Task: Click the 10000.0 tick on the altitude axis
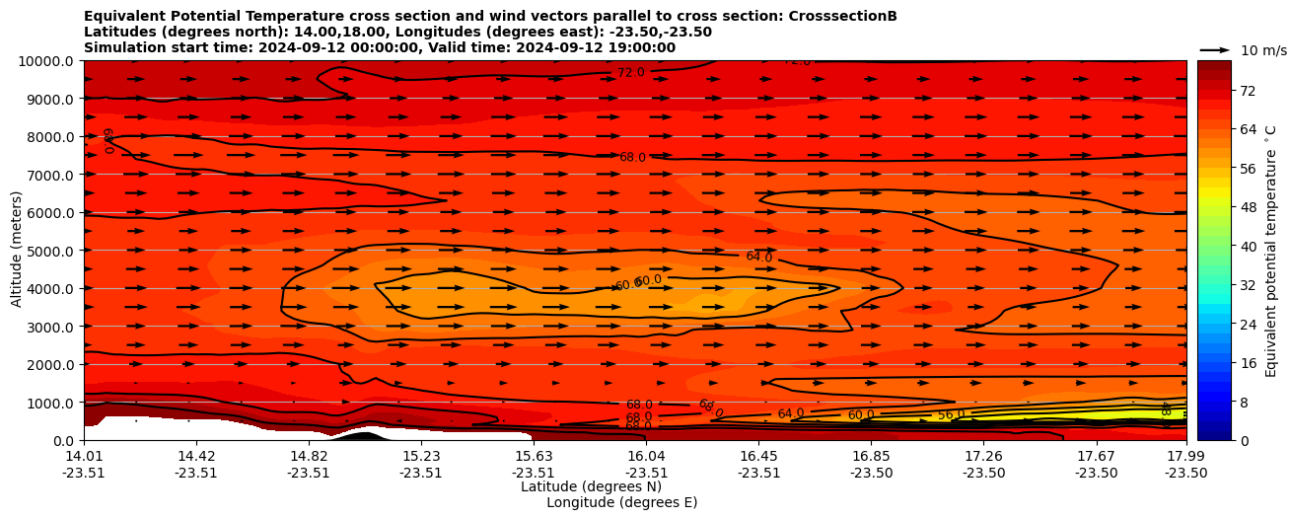pyautogui.click(x=46, y=61)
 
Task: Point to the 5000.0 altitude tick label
pyautogui.click(x=49, y=251)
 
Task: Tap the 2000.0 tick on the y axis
pyautogui.click(x=49, y=365)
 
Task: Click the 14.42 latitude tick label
pyautogui.click(x=196, y=456)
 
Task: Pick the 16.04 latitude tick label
pyautogui.click(x=646, y=456)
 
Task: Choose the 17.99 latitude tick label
pyautogui.click(x=1185, y=456)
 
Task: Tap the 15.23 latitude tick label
pyautogui.click(x=421, y=456)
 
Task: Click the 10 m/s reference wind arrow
pyautogui.click(x=1215, y=49)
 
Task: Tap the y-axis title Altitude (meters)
pyautogui.click(x=17, y=249)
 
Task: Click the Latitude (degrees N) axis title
pyautogui.click(x=591, y=486)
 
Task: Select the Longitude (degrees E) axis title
pyautogui.click(x=621, y=502)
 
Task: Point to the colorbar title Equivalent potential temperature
pyautogui.click(x=1271, y=250)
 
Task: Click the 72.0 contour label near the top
pyautogui.click(x=631, y=73)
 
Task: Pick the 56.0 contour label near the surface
pyautogui.click(x=951, y=415)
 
